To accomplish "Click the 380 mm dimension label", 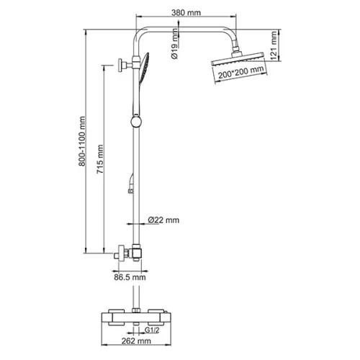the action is point(186,12).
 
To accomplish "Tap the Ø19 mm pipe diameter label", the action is point(175,44).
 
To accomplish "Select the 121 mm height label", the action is point(273,45).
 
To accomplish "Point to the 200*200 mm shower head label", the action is point(241,72).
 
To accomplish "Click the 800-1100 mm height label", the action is point(82,141).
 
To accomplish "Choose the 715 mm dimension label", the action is point(100,159).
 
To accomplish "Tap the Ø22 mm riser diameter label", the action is point(163,220).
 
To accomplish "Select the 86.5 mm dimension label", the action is point(130,277).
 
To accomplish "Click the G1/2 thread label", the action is point(152,330).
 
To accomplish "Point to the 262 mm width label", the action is point(136,341).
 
